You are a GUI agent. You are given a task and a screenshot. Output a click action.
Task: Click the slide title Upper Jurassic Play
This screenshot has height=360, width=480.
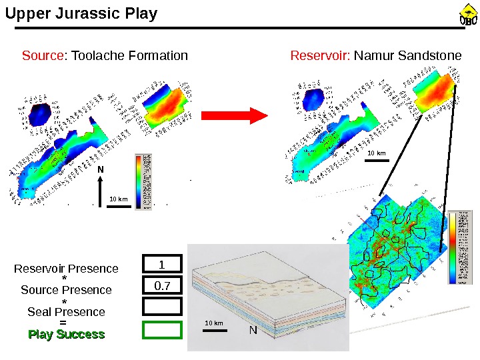point(81,13)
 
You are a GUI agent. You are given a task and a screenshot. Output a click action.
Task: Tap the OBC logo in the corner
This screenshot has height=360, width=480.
point(469,15)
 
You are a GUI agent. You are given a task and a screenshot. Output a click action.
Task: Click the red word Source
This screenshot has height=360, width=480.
point(42,55)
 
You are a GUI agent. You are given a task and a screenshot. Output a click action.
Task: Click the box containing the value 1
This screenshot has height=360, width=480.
point(162,265)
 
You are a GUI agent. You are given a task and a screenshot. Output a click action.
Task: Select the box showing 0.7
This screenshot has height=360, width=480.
point(162,287)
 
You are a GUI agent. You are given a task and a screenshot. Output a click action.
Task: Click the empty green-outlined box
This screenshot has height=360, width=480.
point(162,329)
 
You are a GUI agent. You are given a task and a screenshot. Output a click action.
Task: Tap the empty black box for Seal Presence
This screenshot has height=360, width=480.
point(162,306)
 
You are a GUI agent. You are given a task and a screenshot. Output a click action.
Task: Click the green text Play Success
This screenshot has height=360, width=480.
point(66,334)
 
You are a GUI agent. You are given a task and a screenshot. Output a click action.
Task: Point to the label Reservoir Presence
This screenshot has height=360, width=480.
point(66,269)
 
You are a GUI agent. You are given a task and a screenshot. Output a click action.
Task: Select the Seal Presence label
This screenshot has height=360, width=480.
point(66,312)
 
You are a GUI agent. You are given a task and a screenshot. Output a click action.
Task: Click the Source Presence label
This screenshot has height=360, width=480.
point(66,290)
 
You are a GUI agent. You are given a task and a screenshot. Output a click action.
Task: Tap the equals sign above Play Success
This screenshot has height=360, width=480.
point(63,323)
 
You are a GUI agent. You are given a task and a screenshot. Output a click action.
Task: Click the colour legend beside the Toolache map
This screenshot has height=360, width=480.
point(143,181)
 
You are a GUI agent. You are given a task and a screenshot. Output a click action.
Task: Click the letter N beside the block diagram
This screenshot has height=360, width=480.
point(253,330)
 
